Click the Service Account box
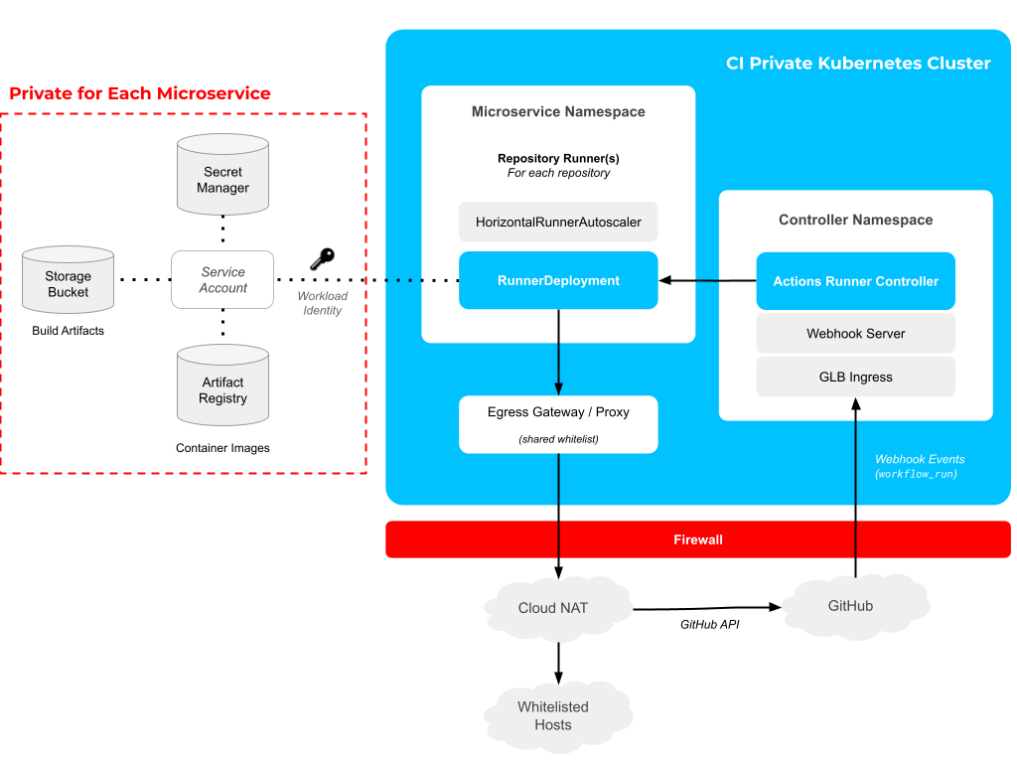tap(222, 280)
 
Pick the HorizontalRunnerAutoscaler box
tap(558, 222)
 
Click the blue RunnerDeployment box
tap(558, 280)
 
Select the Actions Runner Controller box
tap(855, 281)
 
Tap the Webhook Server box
tap(855, 334)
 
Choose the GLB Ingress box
tap(855, 378)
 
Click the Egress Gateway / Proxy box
tap(558, 424)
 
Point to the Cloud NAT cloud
tap(553, 607)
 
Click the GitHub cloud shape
tap(850, 605)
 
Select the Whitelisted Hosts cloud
tap(553, 715)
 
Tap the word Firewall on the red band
tap(698, 539)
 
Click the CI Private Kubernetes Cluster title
tap(858, 64)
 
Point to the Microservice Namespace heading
tap(558, 112)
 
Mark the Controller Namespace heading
tap(855, 220)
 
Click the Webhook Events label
tap(920, 459)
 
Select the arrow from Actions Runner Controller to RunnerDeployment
tap(707, 281)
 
